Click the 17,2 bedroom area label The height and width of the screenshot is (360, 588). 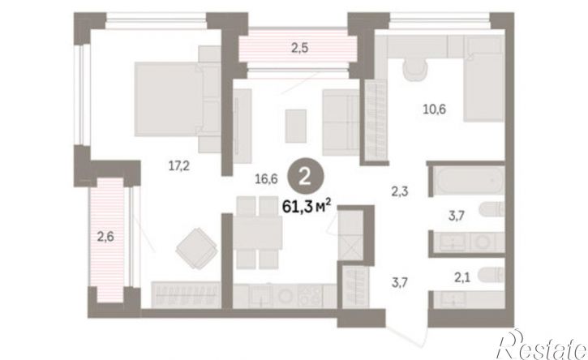[179, 165]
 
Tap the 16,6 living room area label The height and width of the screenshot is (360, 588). [266, 179]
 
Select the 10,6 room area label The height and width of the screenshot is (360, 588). [435, 109]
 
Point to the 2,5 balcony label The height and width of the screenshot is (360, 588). [300, 48]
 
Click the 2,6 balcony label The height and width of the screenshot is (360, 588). [105, 237]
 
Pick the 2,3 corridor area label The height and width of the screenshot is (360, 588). [400, 192]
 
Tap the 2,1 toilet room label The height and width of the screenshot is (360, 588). [462, 277]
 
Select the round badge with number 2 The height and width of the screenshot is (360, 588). [305, 176]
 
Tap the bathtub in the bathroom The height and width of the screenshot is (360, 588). [466, 180]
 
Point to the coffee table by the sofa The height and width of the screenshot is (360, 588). [295, 126]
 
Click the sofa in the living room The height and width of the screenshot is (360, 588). [341, 122]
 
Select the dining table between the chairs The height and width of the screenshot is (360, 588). [257, 233]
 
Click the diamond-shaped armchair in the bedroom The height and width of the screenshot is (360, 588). [196, 248]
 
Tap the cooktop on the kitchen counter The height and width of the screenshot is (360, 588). [309, 296]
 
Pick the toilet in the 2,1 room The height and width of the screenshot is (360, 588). [491, 275]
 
